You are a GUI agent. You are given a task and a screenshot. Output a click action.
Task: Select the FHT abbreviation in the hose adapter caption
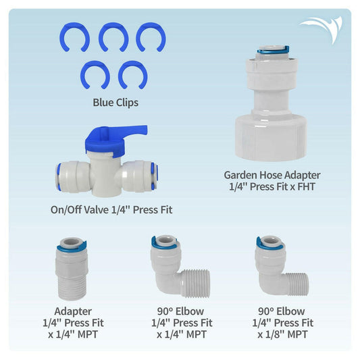tap(309, 187)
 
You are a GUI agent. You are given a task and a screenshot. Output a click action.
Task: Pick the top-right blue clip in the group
tap(150, 37)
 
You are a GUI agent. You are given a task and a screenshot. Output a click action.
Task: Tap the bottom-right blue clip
tap(132, 74)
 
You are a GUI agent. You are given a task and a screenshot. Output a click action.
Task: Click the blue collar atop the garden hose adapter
tap(272, 50)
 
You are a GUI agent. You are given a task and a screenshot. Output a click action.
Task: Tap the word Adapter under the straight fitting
tap(72, 311)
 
